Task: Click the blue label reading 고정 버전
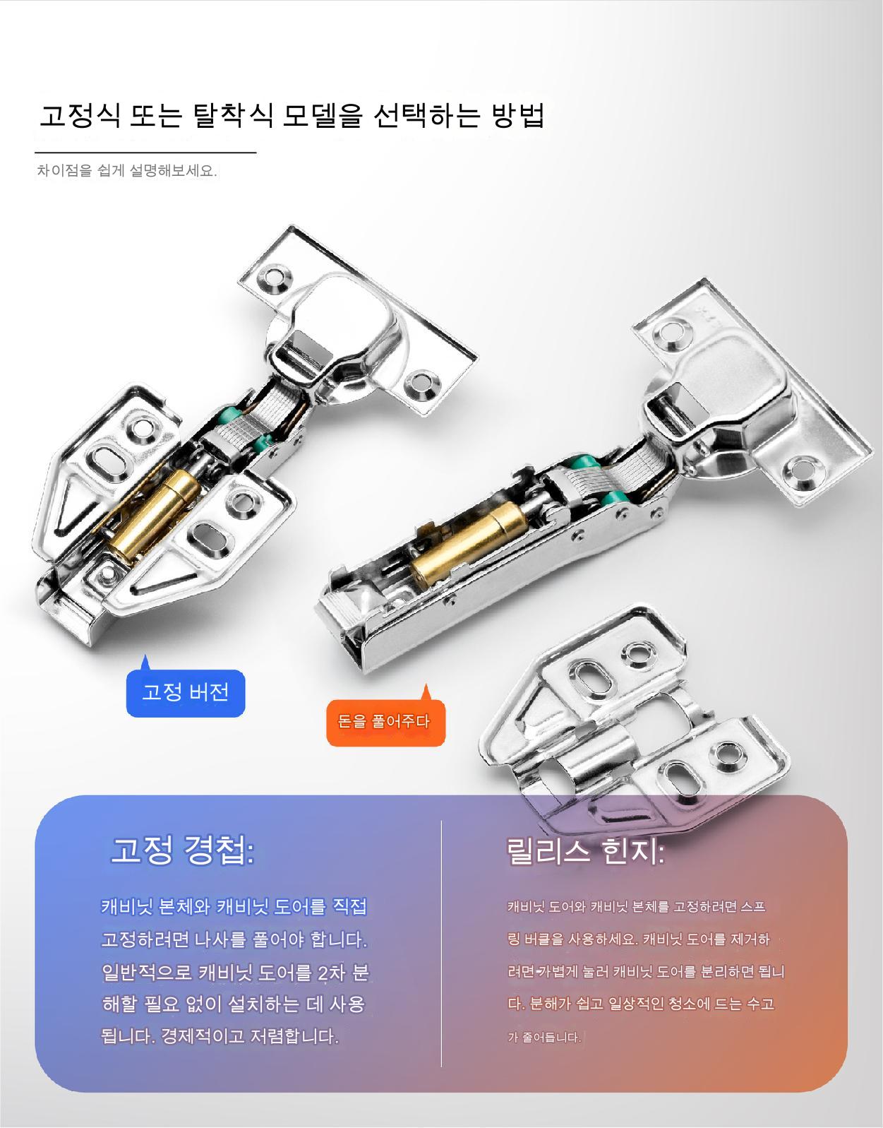click(186, 692)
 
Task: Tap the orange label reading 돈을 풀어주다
click(385, 722)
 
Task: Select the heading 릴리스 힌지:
click(584, 851)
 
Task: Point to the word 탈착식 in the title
click(233, 115)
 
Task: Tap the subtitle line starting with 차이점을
click(126, 170)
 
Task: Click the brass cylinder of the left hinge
click(155, 513)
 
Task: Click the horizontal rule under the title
click(145, 153)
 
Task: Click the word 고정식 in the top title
click(80, 115)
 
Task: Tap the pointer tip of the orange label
click(426, 684)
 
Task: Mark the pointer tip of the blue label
click(145, 655)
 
